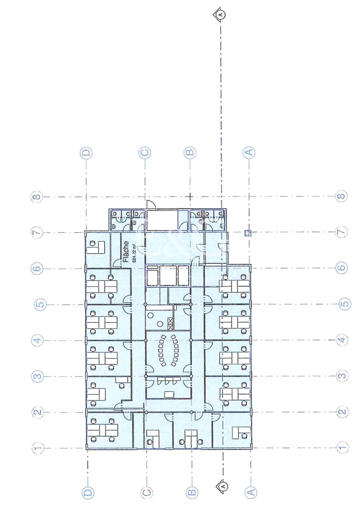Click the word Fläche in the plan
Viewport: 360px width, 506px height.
point(126,252)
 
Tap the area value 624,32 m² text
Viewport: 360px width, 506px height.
point(134,253)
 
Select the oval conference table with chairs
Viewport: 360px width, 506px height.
point(169,350)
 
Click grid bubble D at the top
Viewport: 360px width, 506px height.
point(86,153)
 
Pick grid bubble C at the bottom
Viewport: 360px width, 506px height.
point(147,492)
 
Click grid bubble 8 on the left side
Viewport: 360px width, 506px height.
point(37,197)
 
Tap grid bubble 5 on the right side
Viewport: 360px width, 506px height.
point(345,304)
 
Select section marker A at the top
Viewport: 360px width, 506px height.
point(220,14)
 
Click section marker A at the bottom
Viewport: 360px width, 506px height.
point(223,486)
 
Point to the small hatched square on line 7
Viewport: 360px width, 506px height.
point(248,233)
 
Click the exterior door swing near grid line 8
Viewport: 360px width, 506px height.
point(151,205)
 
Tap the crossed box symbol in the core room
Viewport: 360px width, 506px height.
point(170,324)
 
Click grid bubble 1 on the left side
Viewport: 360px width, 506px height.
point(38,448)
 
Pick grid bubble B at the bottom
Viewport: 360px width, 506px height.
point(192,492)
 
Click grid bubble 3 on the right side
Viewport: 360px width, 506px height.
point(342,376)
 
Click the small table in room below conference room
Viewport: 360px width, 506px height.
point(169,394)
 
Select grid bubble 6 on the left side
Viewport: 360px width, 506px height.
point(37,268)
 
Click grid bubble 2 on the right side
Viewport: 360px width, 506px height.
point(342,412)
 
